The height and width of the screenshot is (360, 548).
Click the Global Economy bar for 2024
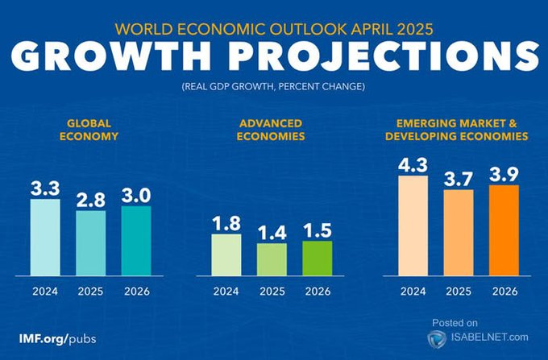pos(45,237)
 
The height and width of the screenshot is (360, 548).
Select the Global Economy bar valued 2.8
pos(91,242)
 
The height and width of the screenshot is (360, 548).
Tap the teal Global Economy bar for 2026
pos(136,240)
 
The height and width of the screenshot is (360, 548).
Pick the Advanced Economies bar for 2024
pos(226,254)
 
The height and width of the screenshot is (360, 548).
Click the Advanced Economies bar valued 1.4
pos(272,259)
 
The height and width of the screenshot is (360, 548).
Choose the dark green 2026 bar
pos(317,257)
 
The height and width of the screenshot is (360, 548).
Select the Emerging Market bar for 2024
pos(413,225)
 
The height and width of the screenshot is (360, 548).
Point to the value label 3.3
pos(45,188)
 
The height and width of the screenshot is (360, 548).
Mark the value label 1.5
pos(317,229)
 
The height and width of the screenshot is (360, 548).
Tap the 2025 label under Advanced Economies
pos(272,291)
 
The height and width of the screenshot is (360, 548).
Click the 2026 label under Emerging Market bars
pos(504,291)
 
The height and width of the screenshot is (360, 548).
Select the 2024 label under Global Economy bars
pos(45,291)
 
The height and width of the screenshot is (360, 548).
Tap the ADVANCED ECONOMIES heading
pos(271,130)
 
